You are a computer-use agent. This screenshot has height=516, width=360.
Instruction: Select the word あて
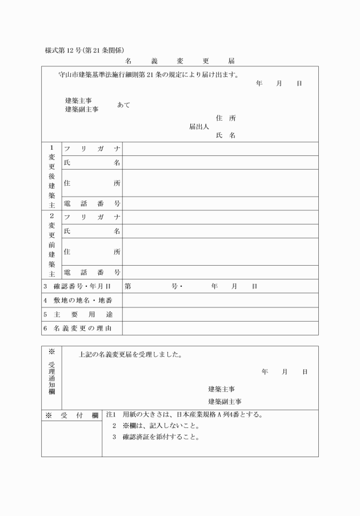[123, 105]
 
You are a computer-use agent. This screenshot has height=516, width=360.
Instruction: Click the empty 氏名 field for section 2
[220, 231]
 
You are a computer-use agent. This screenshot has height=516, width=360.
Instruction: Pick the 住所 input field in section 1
[220, 183]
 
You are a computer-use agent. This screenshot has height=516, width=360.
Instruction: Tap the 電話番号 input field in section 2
[220, 273]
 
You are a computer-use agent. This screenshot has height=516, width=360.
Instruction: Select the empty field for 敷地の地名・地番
[220, 300]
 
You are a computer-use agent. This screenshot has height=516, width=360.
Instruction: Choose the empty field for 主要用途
[220, 314]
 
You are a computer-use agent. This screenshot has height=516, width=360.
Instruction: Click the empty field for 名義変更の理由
[220, 328]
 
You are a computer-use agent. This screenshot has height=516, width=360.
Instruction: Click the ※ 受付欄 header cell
[71, 415]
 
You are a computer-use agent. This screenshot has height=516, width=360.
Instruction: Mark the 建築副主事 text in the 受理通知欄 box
[225, 401]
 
